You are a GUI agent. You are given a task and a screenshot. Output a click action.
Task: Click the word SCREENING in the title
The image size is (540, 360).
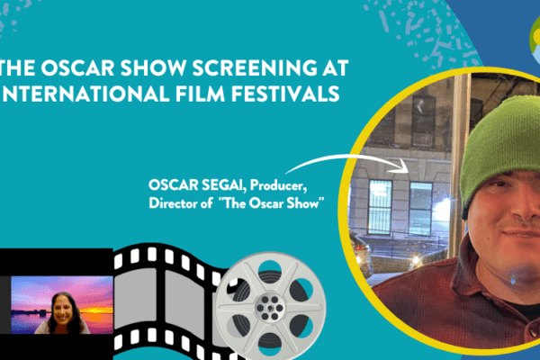pyautogui.click(x=255, y=67)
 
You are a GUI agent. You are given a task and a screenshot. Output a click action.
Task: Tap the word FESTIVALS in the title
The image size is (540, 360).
pyautogui.click(x=285, y=94)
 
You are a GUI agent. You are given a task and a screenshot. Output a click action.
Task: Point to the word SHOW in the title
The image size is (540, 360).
pyautogui.click(x=154, y=67)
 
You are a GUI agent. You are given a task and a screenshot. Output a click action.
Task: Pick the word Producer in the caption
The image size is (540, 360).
pyautogui.click(x=278, y=185)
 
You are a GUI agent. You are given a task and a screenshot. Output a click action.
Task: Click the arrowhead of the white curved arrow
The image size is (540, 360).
pyautogui.click(x=403, y=166)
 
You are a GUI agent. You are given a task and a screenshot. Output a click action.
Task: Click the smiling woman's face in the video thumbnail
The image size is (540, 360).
pyautogui.click(x=63, y=310)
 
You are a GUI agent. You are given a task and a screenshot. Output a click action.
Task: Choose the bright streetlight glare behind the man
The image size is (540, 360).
pyautogui.click(x=442, y=208)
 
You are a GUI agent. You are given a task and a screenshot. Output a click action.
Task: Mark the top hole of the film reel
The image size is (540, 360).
pyautogui.click(x=270, y=269)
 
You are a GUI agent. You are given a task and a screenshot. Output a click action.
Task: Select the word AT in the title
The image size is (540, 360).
pyautogui.click(x=336, y=67)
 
